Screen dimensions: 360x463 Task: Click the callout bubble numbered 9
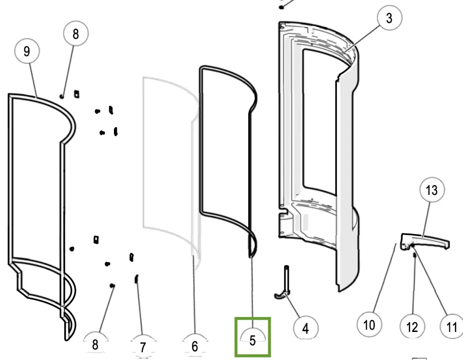[x=27, y=52]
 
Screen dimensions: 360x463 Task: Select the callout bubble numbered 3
[x=389, y=18]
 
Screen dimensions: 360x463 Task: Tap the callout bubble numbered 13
[x=432, y=190]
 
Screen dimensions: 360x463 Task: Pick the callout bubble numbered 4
[x=305, y=328]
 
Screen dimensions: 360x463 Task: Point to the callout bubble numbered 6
[x=195, y=346]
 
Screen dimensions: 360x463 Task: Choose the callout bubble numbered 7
[x=143, y=347]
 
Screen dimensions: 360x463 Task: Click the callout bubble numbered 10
[x=369, y=325]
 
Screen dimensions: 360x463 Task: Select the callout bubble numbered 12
[x=412, y=326]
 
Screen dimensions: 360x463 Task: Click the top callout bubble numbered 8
[x=76, y=34]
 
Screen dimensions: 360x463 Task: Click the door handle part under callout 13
[x=427, y=241]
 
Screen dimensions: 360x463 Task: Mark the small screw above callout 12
[x=415, y=256]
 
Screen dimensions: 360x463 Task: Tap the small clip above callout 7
[x=136, y=279]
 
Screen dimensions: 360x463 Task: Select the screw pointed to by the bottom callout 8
[x=112, y=285]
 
